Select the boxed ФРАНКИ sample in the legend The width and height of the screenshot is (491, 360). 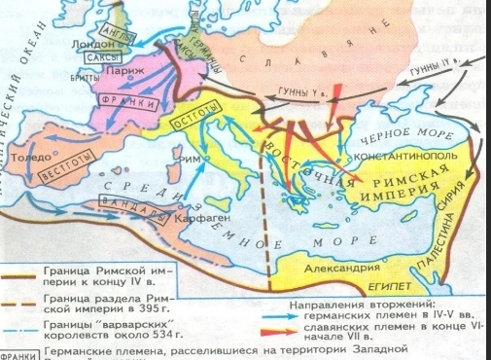point(17,353)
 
